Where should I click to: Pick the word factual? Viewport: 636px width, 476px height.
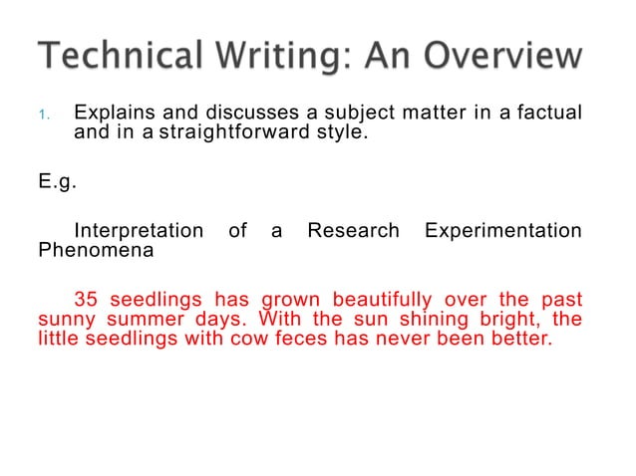click(x=544, y=112)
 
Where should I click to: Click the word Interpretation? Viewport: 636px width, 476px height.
click(x=139, y=231)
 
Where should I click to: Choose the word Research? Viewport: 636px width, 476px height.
click(x=352, y=231)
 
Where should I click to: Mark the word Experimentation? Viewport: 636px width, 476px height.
click(x=502, y=231)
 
